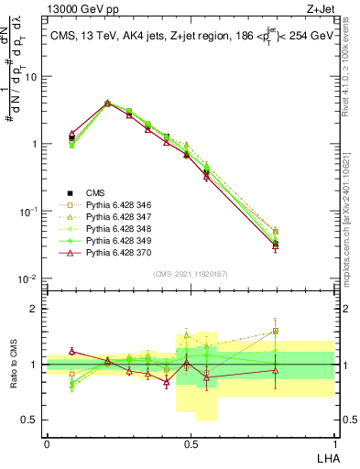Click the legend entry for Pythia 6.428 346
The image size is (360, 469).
click(x=115, y=204)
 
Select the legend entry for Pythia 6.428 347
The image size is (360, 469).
click(x=115, y=216)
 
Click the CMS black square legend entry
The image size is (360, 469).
click(x=96, y=192)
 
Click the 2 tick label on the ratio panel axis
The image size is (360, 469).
click(x=37, y=309)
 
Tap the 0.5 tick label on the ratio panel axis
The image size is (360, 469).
click(x=32, y=420)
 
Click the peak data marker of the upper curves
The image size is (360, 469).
click(x=107, y=104)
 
